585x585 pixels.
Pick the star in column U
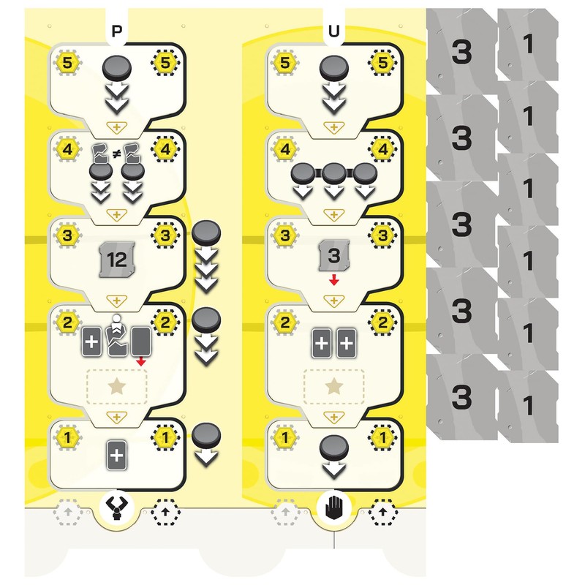334,386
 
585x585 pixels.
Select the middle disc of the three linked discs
334,174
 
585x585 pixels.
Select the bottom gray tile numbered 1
528,404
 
